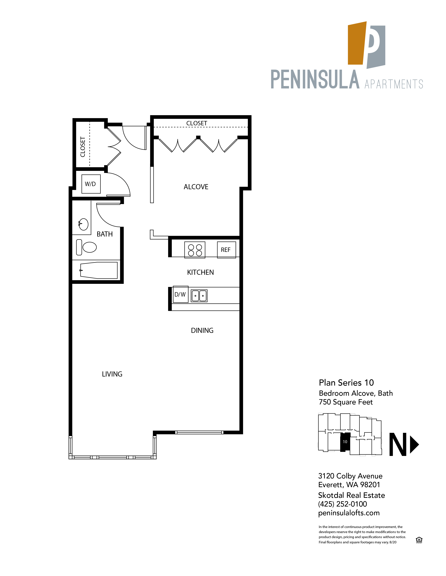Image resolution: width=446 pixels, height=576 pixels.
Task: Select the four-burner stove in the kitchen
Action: (195, 250)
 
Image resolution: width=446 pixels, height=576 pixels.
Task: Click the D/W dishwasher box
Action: (180, 294)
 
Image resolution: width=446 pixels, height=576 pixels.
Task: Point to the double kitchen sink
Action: (199, 296)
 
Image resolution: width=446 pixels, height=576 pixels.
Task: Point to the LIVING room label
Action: (112, 374)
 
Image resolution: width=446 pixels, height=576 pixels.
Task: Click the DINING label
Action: (202, 330)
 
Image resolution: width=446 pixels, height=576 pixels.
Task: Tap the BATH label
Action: (105, 234)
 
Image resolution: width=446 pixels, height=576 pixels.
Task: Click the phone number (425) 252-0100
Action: (342, 504)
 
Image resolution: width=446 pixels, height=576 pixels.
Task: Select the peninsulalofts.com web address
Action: (349, 513)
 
